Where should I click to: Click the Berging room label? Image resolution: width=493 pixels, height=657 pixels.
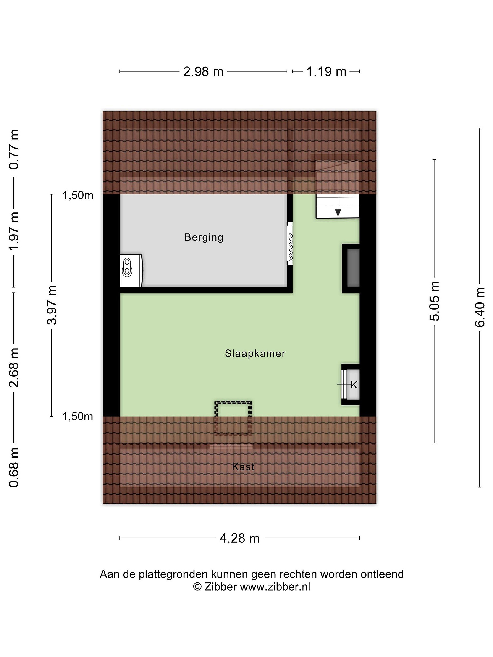tap(204, 238)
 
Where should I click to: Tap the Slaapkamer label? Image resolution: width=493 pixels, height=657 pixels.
tap(255, 353)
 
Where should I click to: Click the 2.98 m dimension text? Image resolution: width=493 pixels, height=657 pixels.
tap(203, 72)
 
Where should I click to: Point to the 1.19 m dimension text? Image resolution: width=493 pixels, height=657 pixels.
tap(326, 72)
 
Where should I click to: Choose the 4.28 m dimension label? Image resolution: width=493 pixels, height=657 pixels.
tap(239, 538)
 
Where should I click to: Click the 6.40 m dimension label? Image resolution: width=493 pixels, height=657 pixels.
tap(480, 307)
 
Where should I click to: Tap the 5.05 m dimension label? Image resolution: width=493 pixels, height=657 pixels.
tap(434, 301)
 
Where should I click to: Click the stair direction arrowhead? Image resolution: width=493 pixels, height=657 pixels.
tap(338, 212)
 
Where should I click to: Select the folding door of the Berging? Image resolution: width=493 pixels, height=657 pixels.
tap(290, 243)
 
